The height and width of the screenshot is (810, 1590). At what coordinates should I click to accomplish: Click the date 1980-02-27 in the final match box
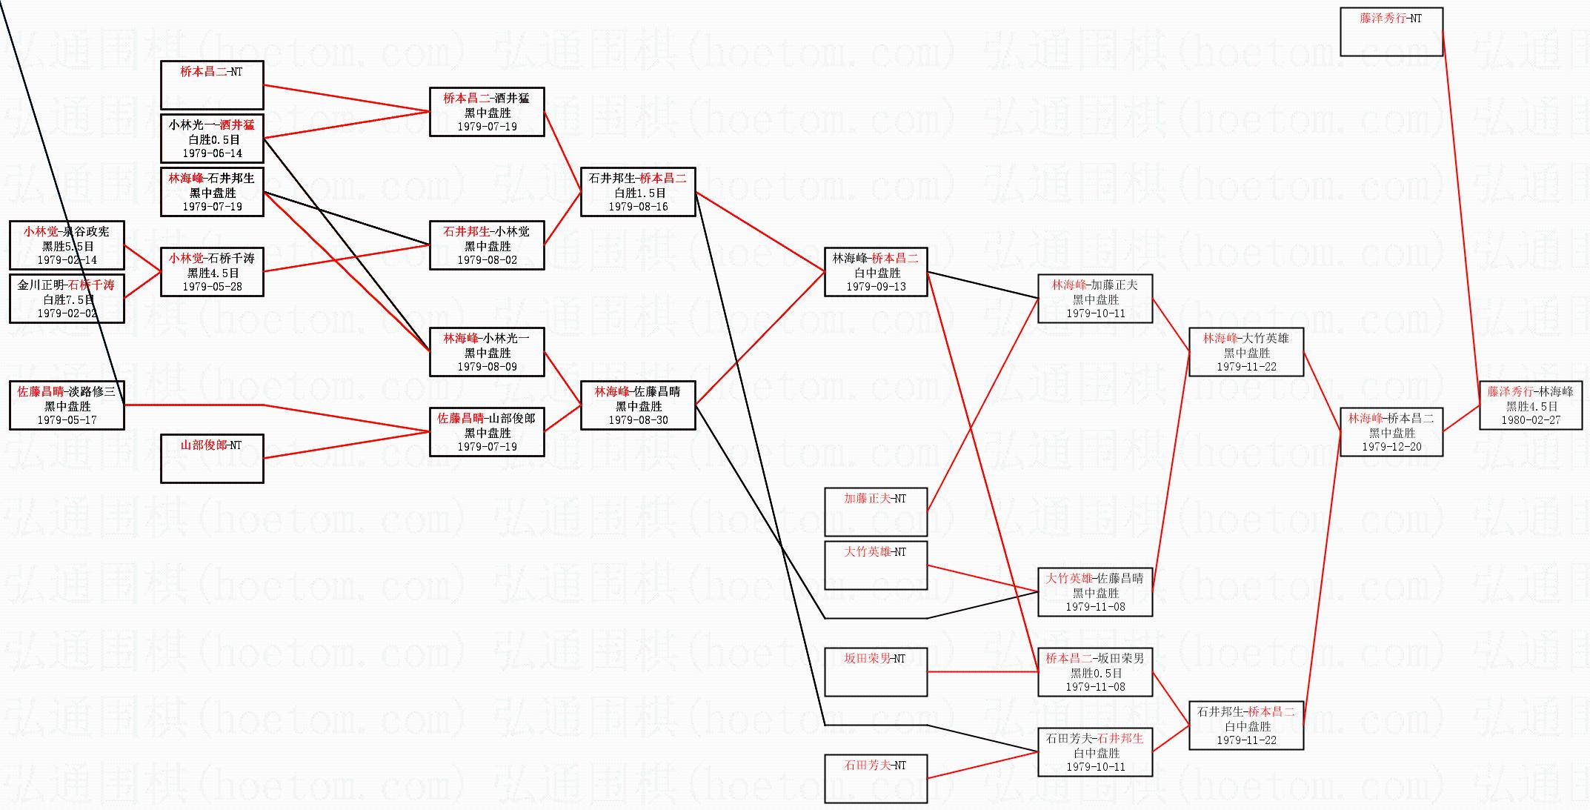coord(1531,420)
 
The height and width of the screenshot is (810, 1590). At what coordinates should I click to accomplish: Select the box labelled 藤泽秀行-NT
coord(1391,32)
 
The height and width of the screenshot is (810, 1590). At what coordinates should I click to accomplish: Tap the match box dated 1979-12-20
coord(1391,432)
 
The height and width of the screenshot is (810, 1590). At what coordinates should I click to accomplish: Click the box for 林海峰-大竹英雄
coord(1246,352)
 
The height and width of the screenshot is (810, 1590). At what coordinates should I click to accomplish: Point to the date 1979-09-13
coord(876,287)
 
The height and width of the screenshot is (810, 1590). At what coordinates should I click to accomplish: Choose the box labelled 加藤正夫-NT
coord(876,512)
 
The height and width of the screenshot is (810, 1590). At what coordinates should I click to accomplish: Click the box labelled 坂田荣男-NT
coord(876,672)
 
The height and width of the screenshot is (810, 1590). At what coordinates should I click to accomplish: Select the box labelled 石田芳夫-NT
coord(876,779)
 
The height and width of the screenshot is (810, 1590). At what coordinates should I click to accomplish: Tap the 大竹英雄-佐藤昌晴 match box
coord(1095,592)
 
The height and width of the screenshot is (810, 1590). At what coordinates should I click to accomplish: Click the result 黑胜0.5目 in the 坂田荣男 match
coord(1096,673)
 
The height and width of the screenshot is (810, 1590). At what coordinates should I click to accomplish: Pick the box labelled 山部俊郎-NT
coord(212,459)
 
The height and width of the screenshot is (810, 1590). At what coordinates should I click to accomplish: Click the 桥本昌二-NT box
coord(212,85)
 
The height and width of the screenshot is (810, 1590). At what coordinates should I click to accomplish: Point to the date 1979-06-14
coord(213,153)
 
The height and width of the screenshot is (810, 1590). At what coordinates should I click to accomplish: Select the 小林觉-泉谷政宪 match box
coord(67,245)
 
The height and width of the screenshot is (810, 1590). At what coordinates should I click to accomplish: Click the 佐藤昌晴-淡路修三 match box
coord(67,405)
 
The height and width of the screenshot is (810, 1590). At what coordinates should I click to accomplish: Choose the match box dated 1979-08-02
coord(487,245)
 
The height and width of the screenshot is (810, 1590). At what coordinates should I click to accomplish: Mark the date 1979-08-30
coord(639,420)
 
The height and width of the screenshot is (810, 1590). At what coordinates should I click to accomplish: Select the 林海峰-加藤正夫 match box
coord(1095,299)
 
